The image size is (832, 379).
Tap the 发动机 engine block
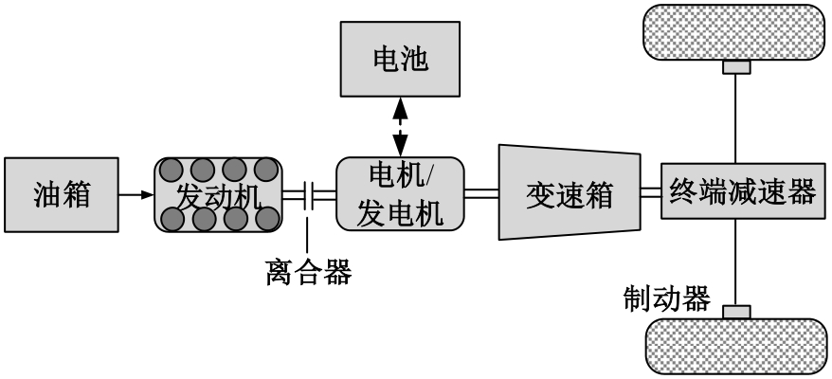pos(219,194)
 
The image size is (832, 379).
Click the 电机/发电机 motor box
pos(400,193)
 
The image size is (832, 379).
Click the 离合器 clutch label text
pos(308,274)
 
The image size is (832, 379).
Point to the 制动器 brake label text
pos(666,298)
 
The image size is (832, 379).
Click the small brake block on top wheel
pos(736,67)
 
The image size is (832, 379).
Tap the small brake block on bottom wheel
pos(736,312)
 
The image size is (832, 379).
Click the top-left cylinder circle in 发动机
pos(172,171)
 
